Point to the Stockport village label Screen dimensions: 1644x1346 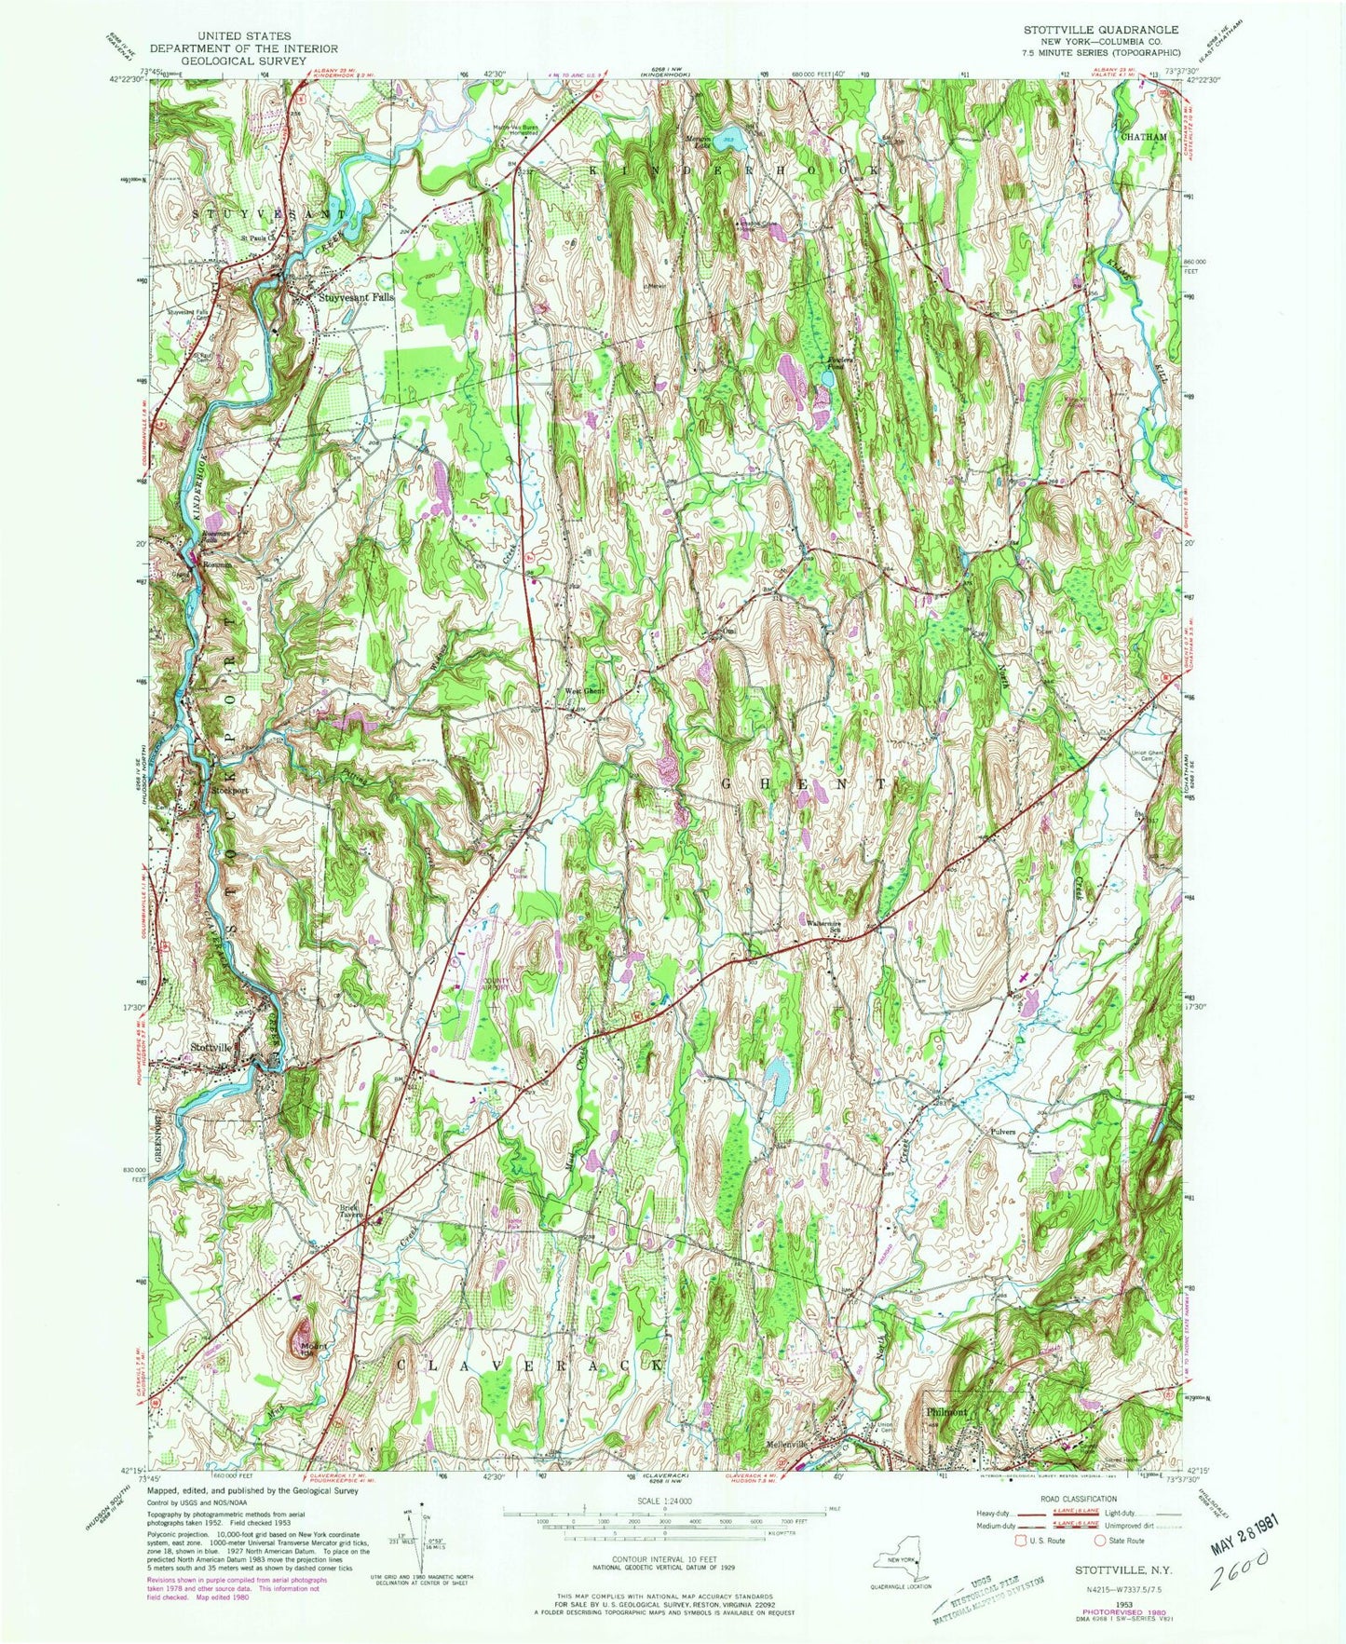point(229,790)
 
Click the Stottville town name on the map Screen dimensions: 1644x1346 point(210,1047)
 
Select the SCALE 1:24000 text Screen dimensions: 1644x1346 point(664,1501)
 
